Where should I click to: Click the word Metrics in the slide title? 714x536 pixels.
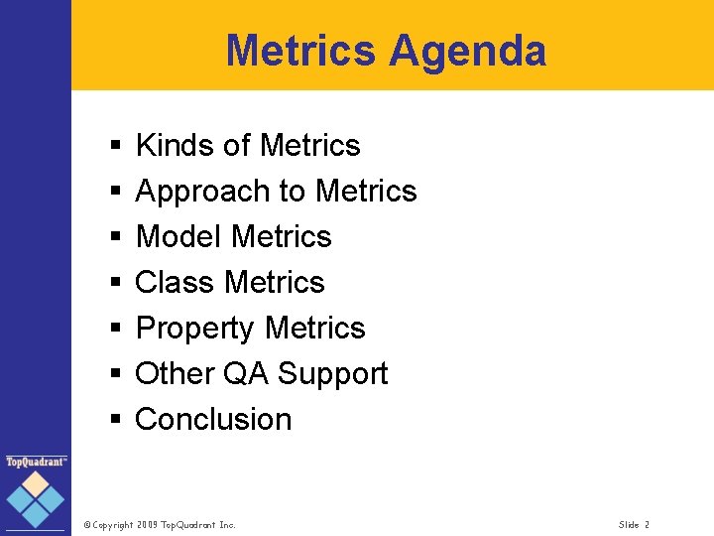click(300, 51)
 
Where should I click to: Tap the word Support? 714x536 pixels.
click(332, 374)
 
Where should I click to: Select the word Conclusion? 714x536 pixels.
click(213, 420)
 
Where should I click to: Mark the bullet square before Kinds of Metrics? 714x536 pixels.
click(115, 147)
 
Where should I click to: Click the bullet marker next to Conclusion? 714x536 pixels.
click(115, 421)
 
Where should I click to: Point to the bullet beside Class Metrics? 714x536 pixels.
click(115, 284)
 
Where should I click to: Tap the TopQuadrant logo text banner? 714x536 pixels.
click(37, 462)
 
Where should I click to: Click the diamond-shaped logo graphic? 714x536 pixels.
click(37, 498)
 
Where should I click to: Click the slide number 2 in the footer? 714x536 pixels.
click(647, 524)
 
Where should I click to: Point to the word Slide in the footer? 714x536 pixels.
click(629, 524)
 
